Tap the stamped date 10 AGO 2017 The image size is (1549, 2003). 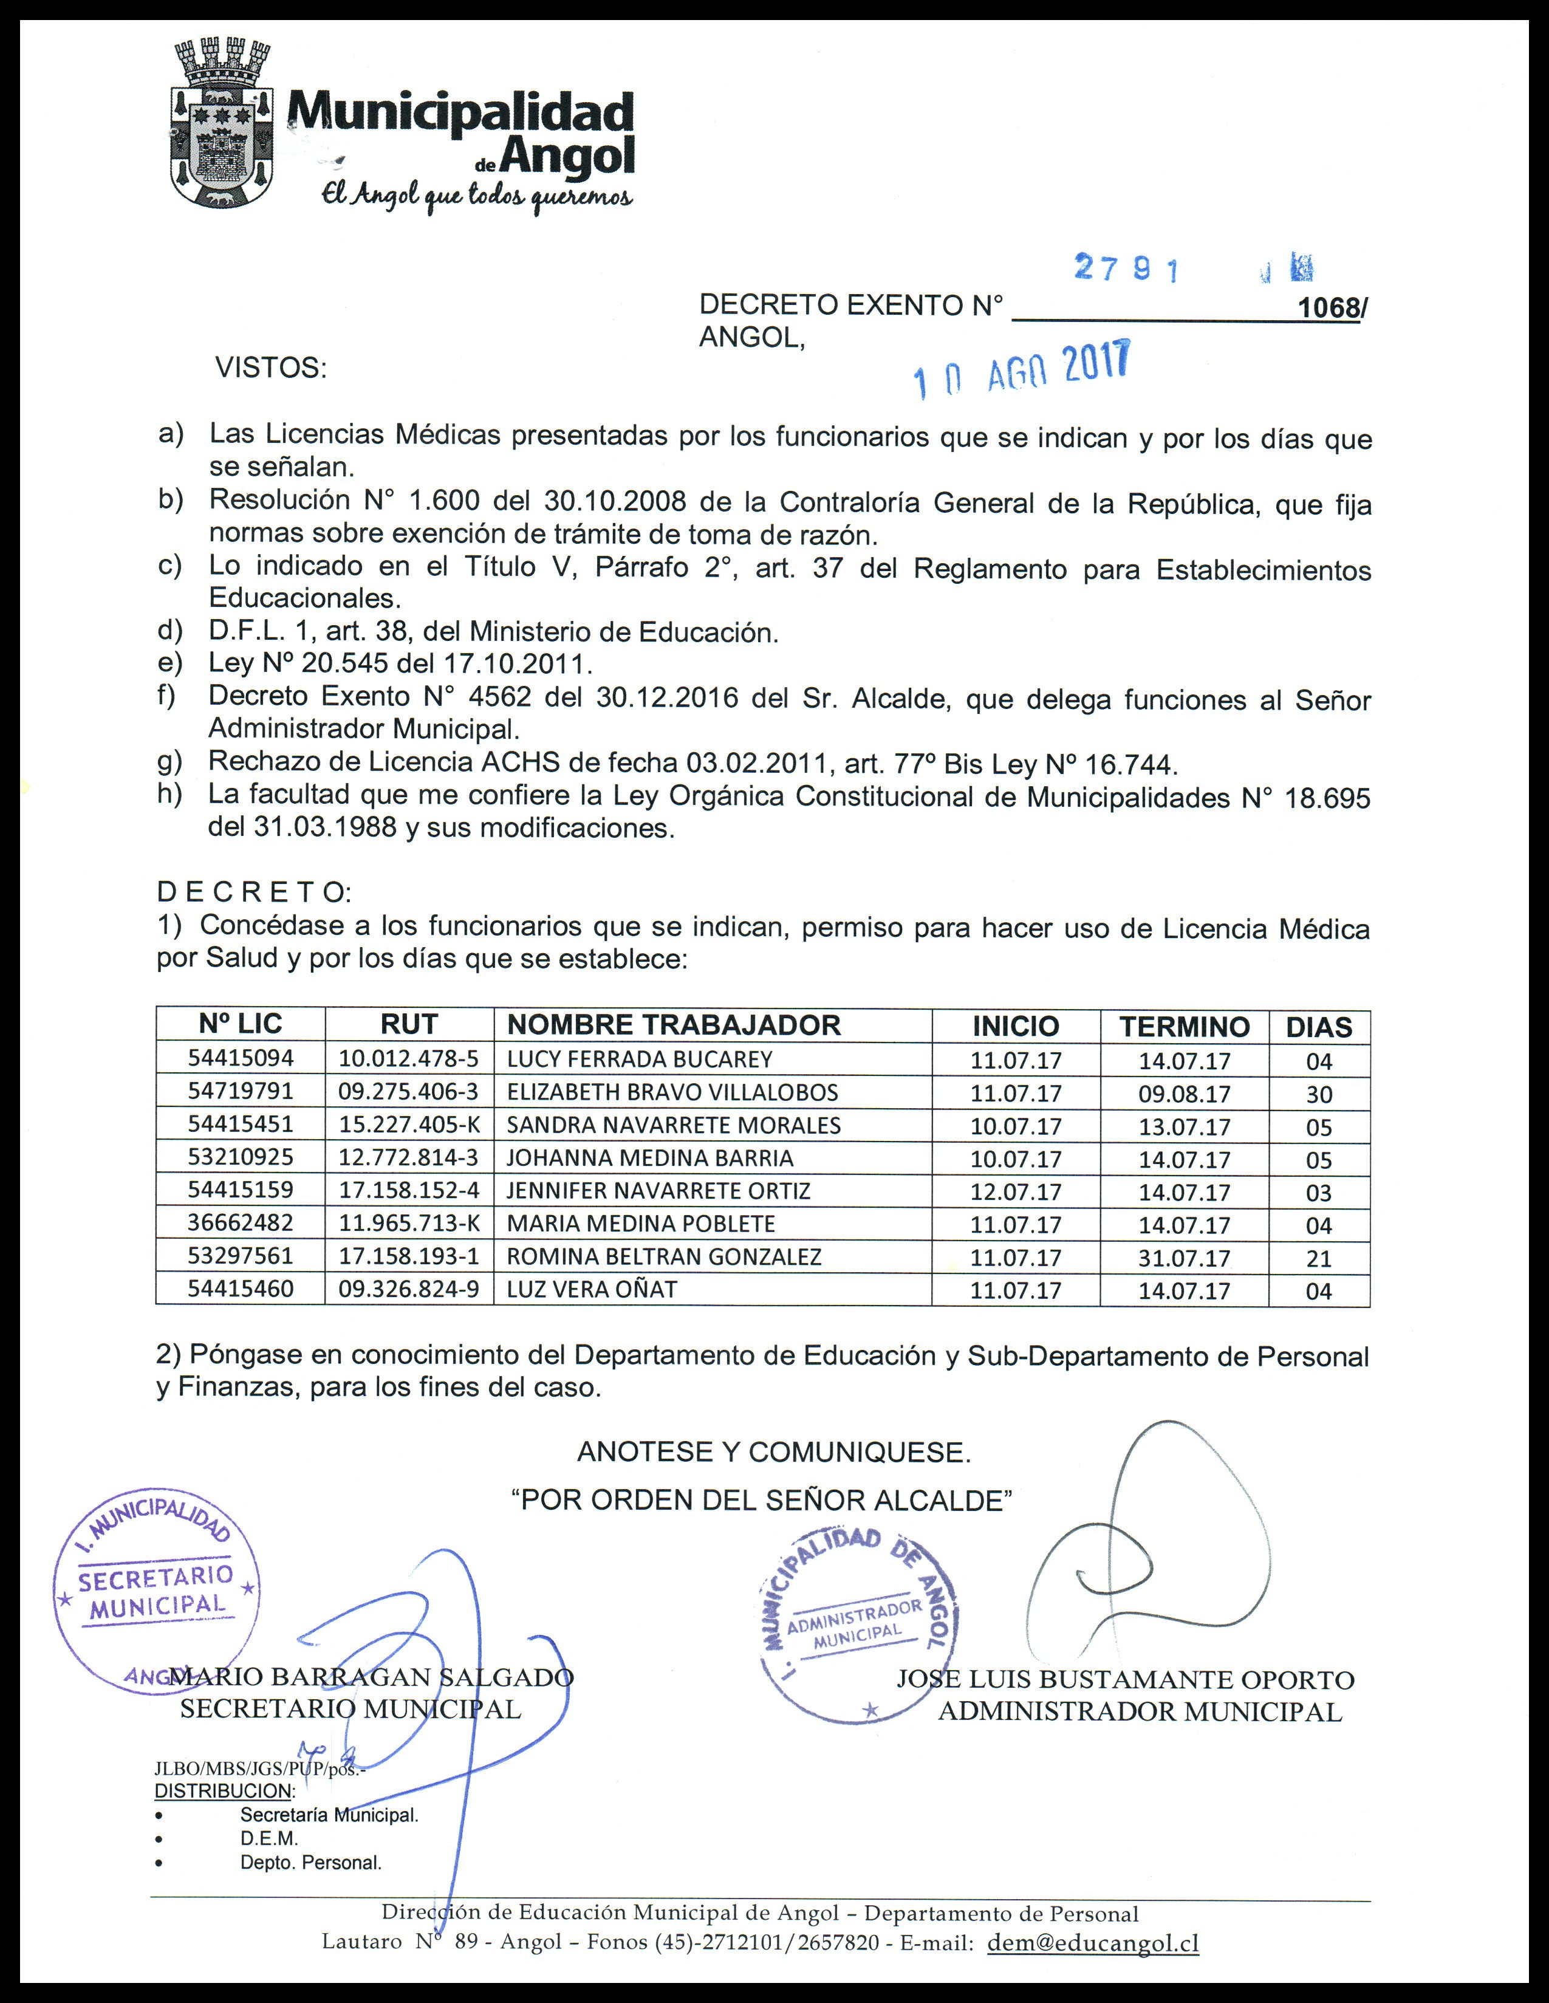pyautogui.click(x=1022, y=369)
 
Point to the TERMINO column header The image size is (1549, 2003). pyautogui.click(x=1183, y=1026)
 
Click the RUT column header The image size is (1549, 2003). pyautogui.click(x=409, y=1024)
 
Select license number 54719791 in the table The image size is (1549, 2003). pyautogui.click(x=241, y=1091)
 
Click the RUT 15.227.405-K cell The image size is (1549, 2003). pyautogui.click(x=409, y=1125)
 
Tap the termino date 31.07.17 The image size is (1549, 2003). pyautogui.click(x=1184, y=1258)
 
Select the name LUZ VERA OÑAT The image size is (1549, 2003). pyautogui.click(x=592, y=1290)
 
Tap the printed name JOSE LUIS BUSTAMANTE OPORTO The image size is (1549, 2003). pyautogui.click(x=1125, y=1679)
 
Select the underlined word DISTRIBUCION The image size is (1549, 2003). pyautogui.click(x=224, y=1791)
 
